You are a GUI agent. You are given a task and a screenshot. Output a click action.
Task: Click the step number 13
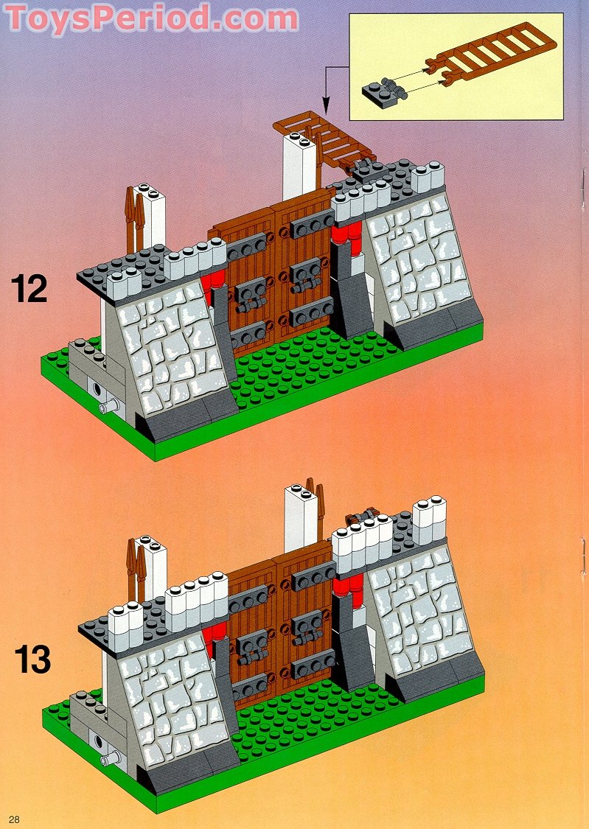[x=32, y=659]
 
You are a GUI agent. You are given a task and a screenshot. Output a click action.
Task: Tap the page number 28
[x=15, y=819]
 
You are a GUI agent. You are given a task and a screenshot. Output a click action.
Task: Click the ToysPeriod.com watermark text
[x=151, y=18]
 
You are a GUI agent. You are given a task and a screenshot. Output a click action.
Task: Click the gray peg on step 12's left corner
[x=108, y=406]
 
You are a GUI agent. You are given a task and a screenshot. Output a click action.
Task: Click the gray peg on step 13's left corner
[x=108, y=758]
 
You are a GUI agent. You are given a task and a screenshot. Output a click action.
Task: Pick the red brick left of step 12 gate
[x=213, y=280]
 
